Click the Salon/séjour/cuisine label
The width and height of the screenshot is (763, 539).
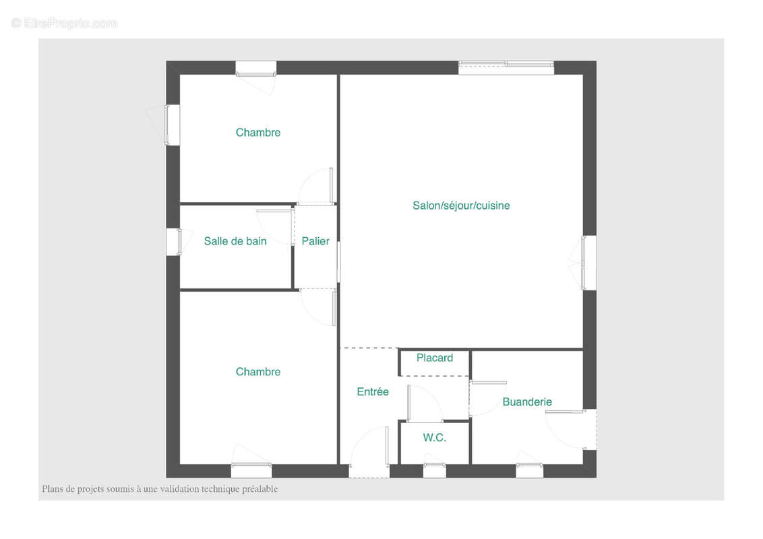461,205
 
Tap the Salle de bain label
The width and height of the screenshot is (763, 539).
235,241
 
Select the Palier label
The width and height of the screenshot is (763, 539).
315,241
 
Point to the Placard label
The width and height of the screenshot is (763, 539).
435,358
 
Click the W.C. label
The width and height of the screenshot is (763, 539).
435,438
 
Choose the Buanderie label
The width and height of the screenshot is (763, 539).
527,402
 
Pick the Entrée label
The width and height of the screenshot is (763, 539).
373,391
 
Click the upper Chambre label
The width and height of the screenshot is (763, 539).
258,132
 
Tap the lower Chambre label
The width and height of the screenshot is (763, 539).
258,372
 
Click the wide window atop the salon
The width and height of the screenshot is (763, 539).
506,67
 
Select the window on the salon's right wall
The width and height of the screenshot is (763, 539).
589,263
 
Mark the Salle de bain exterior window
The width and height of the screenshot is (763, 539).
174,242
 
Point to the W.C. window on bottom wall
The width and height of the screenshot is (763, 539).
435,470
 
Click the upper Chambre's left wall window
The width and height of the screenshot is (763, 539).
173,125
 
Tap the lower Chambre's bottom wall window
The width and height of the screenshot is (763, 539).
251,470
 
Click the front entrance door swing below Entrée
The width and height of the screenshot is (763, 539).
369,452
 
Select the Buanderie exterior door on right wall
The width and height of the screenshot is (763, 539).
572,430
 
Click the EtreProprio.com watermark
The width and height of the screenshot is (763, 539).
65,23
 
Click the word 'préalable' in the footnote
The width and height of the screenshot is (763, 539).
260,489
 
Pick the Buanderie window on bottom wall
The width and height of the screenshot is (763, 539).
529,470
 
